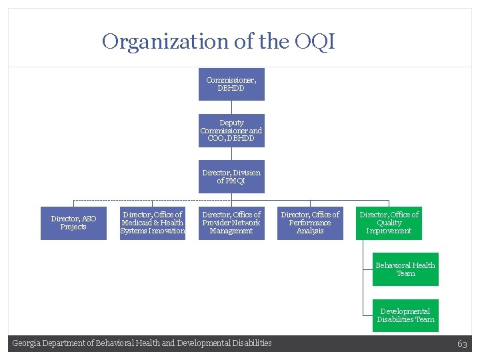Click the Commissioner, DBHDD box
[x=231, y=84]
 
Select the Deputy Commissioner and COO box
[x=231, y=130]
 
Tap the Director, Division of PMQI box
[x=231, y=177]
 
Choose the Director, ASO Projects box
[x=73, y=223]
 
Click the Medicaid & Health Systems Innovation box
[x=153, y=223]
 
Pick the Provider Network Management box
[x=231, y=223]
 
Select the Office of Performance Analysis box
[x=310, y=223]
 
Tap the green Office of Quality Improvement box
[x=389, y=223]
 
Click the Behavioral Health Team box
[x=405, y=269]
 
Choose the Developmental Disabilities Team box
[x=405, y=315]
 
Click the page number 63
[x=462, y=343]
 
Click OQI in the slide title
[x=313, y=42]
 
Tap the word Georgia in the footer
[x=27, y=343]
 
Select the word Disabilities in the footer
[x=250, y=343]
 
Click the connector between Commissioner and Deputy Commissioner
[x=231, y=107]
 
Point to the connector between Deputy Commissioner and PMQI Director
[x=231, y=153]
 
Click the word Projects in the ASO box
[x=73, y=227]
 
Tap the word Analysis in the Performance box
[x=310, y=231]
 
